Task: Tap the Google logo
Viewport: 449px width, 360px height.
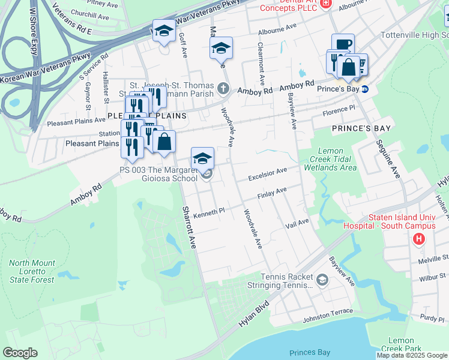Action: (20, 353)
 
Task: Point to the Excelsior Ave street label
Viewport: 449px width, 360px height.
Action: (269, 175)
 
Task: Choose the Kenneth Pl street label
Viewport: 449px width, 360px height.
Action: (208, 212)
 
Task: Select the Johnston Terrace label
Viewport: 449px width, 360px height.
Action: (328, 312)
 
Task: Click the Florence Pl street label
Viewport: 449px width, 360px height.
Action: (339, 112)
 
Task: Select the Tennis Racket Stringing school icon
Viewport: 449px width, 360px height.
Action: (322, 280)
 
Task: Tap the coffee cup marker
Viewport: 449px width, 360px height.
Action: (343, 44)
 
